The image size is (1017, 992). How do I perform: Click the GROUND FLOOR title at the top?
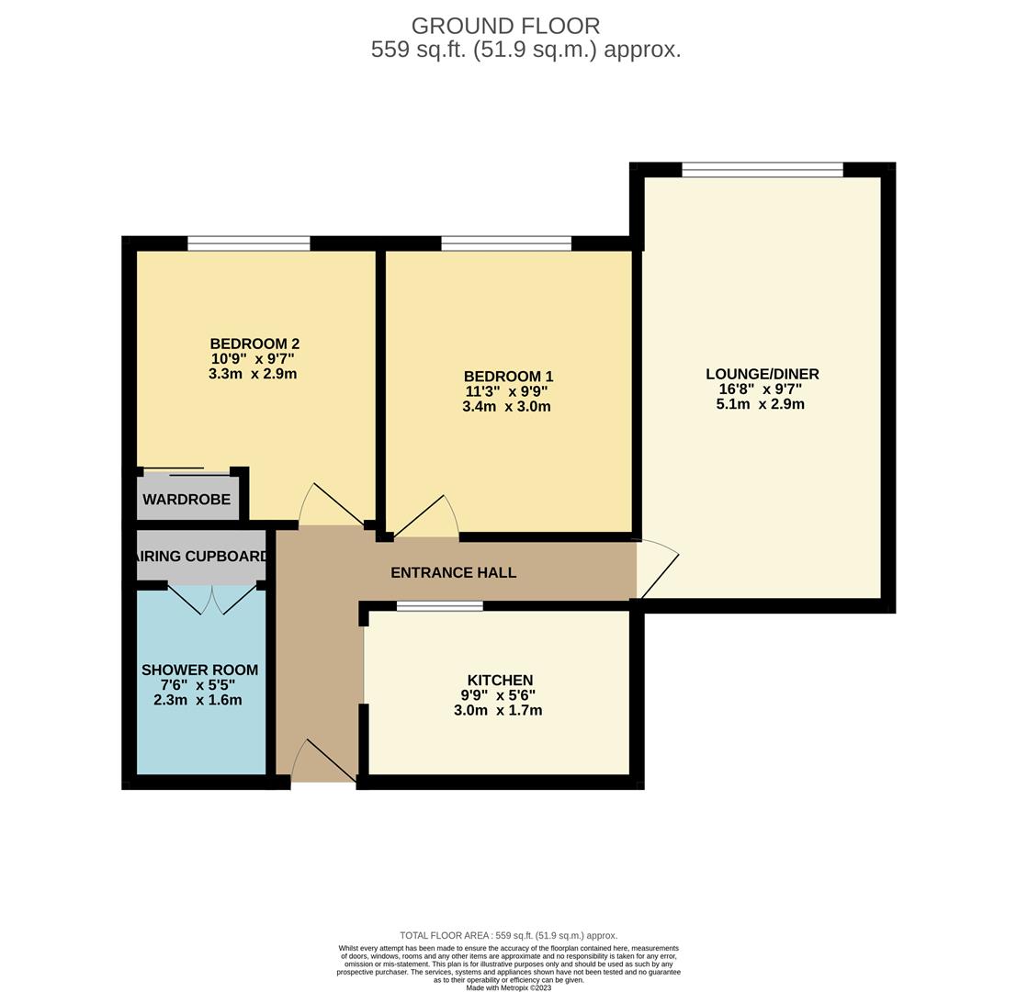pos(505,26)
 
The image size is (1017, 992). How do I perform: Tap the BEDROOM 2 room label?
pos(254,344)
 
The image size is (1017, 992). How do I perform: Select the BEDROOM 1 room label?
pos(508,377)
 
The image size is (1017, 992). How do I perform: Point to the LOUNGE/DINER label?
pos(762,374)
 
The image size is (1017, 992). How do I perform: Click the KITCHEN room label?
pos(500,680)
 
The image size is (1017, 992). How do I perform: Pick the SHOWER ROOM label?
pos(199,671)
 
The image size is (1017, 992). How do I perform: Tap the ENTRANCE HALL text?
pos(453,573)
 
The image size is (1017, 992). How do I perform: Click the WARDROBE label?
pos(186,500)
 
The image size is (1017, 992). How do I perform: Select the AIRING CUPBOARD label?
pos(201,557)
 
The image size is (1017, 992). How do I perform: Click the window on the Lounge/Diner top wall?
pos(762,169)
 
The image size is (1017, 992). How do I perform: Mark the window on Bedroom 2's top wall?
pos(248,243)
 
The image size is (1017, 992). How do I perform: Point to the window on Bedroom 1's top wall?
pos(505,243)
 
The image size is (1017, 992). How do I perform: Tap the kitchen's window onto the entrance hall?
pos(439,606)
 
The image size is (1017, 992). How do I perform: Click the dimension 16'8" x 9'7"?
pos(760,389)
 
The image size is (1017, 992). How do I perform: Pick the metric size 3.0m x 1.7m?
pos(497,711)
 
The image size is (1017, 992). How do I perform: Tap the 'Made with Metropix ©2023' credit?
pos(508,987)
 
